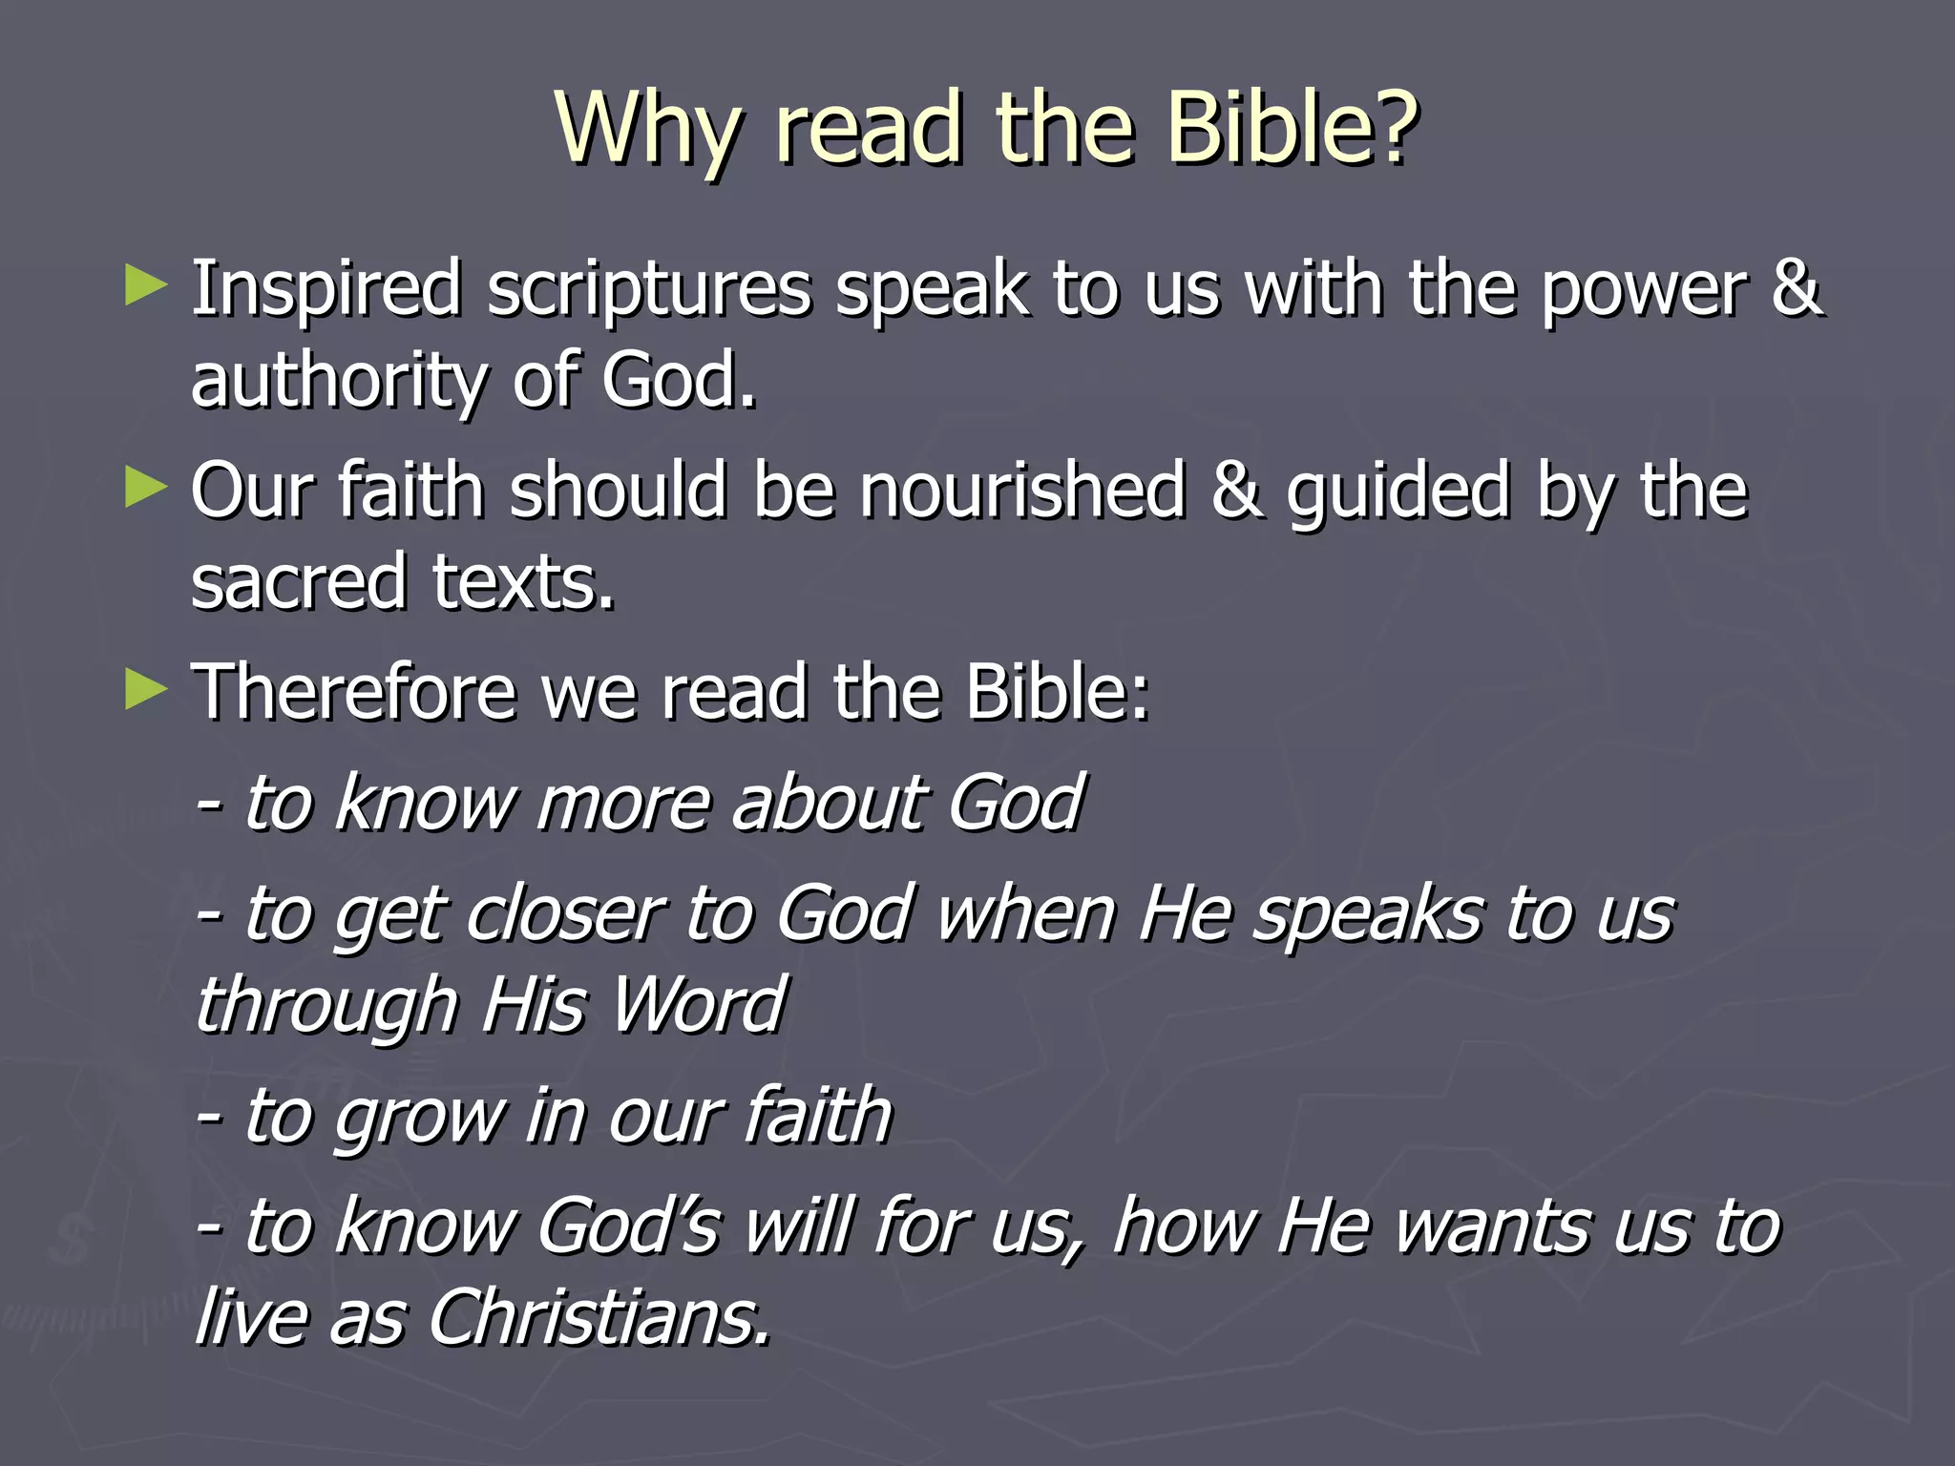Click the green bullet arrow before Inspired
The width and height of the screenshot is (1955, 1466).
[145, 286]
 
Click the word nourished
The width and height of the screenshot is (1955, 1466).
[1022, 491]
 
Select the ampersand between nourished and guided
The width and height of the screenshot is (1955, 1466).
[1237, 491]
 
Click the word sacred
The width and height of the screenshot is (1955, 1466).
[298, 582]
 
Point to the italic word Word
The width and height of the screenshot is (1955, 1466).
[698, 1006]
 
